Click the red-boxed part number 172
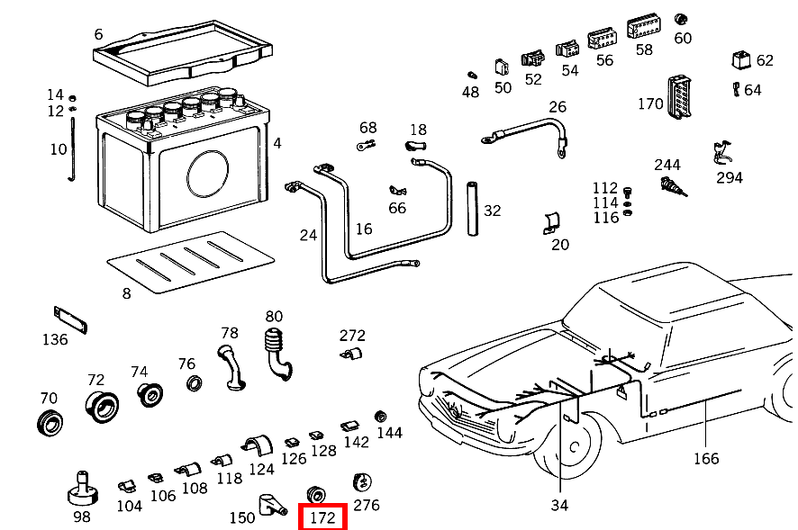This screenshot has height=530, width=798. pos(322,518)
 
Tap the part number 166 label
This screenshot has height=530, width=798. pos(706,459)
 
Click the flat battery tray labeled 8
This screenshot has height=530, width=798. pos(190,263)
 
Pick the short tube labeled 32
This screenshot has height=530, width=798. pos(469,210)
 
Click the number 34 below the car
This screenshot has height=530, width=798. pos(559,506)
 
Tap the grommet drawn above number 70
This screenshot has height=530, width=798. pos(48,421)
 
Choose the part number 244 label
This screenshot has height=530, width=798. pos(667,165)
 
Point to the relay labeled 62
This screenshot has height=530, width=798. pos(740,61)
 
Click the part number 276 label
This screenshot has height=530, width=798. pos(367,505)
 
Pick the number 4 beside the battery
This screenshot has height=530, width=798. pos(277,143)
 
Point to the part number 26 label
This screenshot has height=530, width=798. pos(558,107)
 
